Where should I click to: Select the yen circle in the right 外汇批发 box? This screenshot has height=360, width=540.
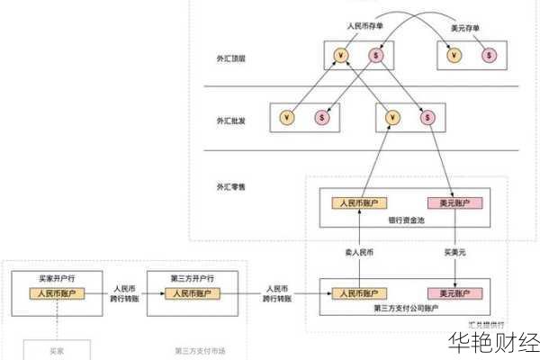391,117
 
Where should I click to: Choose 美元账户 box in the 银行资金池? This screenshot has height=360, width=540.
454,202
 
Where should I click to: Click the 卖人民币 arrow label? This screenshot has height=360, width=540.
359,252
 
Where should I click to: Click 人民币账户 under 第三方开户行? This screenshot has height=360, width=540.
190,293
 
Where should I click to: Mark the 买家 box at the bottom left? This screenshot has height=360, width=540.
56,349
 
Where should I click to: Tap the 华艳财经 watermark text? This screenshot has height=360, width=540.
485,342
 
